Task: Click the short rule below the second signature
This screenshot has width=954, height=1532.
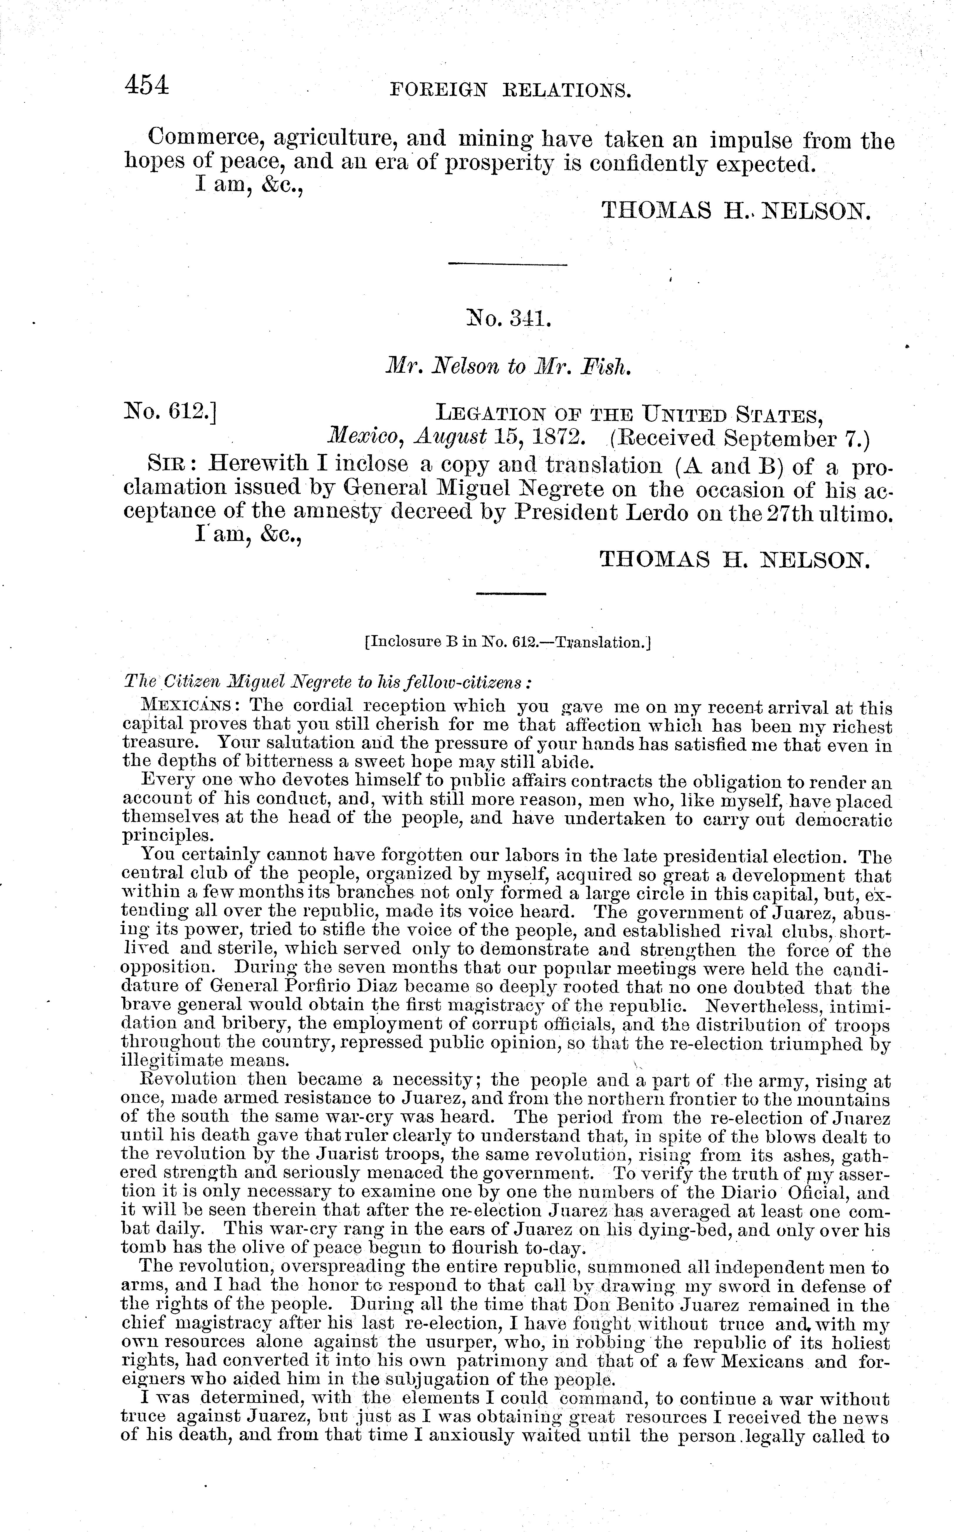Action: [510, 594]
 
